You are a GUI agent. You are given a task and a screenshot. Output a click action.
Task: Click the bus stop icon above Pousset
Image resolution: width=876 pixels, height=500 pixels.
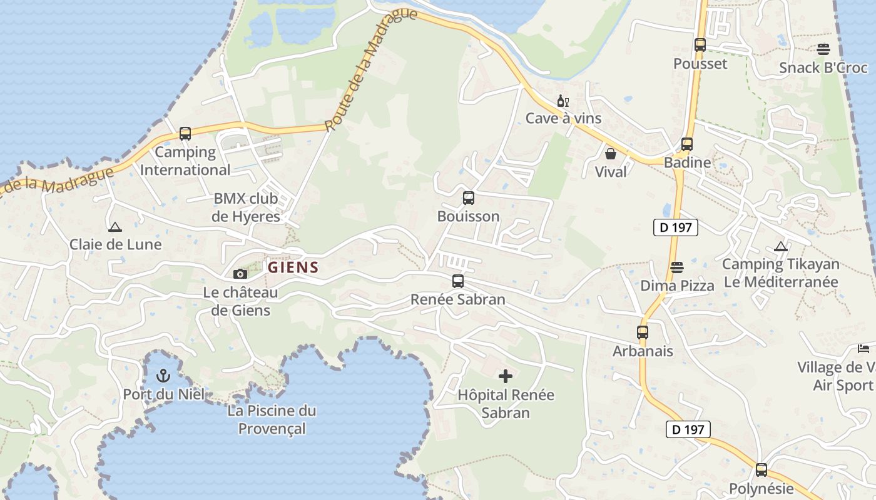(x=700, y=45)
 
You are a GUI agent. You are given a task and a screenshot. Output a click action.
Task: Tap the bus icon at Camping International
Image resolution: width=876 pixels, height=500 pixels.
(x=185, y=134)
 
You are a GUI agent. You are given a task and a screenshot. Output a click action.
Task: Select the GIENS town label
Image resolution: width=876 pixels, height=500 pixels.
(x=293, y=267)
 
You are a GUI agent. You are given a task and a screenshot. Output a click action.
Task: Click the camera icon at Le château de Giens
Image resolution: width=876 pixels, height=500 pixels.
(x=240, y=274)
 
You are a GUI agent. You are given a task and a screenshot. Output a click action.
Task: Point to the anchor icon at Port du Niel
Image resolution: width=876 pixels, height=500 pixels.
(x=163, y=376)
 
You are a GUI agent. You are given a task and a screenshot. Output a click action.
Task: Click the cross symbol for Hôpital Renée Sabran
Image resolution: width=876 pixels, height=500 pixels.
(x=506, y=376)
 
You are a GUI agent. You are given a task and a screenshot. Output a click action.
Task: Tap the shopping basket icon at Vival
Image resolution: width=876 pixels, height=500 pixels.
(x=611, y=153)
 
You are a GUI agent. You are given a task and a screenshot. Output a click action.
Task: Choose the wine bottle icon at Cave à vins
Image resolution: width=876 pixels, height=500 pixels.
(x=563, y=101)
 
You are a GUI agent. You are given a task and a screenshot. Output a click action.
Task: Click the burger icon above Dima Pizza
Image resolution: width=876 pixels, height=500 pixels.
(x=677, y=267)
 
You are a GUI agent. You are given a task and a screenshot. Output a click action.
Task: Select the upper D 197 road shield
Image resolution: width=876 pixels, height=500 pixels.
(x=676, y=227)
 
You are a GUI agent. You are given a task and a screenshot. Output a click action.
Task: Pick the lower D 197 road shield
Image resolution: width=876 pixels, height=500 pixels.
(x=688, y=429)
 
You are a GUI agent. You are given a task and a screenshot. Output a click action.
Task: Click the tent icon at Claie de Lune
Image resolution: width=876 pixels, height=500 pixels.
(x=115, y=227)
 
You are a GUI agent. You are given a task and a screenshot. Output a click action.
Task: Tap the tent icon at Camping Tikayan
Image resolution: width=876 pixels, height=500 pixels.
(x=780, y=246)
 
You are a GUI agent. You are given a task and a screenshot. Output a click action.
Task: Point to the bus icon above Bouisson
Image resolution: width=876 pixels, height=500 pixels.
(x=469, y=198)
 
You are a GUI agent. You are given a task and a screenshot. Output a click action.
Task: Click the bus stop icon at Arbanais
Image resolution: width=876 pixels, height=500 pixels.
(x=643, y=332)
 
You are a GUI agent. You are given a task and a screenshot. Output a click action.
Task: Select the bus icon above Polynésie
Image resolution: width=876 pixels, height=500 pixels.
(x=761, y=470)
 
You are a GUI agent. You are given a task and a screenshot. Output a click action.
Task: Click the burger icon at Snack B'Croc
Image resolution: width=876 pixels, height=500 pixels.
(x=823, y=49)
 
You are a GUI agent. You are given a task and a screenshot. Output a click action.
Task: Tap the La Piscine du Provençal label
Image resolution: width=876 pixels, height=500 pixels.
(x=272, y=419)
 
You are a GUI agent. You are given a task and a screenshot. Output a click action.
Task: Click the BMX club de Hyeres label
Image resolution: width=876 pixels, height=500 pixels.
(x=246, y=207)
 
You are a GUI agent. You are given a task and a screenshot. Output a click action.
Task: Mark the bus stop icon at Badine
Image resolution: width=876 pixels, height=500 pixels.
(x=687, y=144)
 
